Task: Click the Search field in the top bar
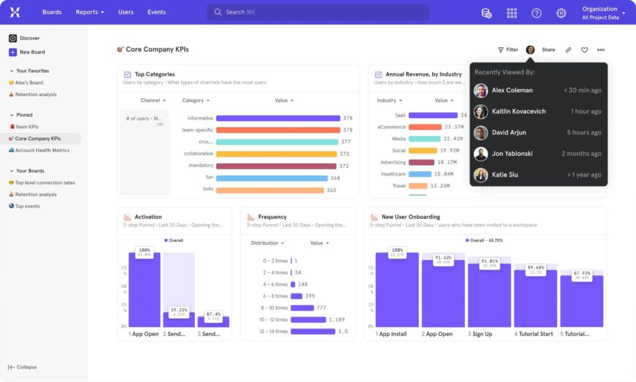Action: tap(317, 12)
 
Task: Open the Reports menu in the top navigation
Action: tap(89, 12)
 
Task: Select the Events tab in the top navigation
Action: tap(157, 12)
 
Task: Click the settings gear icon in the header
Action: tap(561, 13)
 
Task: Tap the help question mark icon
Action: tap(537, 13)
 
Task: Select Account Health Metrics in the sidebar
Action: tap(42, 150)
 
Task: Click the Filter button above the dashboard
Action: tap(507, 50)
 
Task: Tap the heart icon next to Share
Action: tap(584, 50)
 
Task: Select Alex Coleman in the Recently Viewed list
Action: tap(512, 91)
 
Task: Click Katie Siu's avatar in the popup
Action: tap(481, 175)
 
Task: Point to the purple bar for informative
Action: tap(278, 118)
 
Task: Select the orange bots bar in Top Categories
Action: tap(270, 190)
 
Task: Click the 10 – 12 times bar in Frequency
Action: tap(308, 319)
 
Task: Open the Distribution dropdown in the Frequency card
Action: tap(267, 243)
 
